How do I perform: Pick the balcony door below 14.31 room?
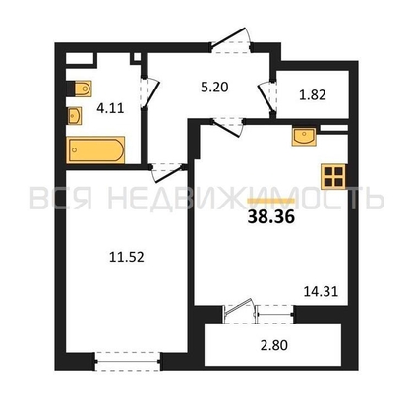pos(240,313)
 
